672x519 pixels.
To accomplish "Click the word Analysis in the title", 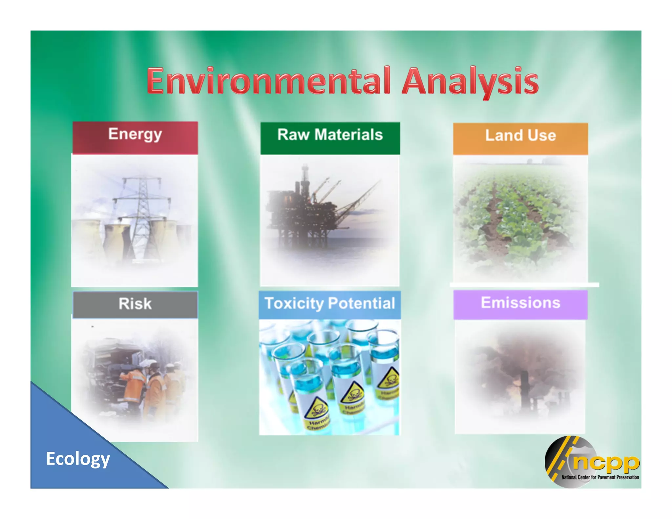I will pos(470,81).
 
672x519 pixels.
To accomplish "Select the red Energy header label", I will pos(135,135).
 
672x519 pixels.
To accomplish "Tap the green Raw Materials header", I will pos(330,135).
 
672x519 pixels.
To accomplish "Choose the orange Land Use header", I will pos(520,135).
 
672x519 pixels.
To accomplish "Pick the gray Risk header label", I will pos(135,304).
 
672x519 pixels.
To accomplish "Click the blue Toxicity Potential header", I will pos(330,303).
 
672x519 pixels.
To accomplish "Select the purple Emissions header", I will pos(520,303).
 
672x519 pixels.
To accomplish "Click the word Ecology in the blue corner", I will pos(78,459).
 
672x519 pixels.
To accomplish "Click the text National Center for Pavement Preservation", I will pos(600,477).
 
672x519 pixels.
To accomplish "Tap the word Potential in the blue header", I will pos(362,303).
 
